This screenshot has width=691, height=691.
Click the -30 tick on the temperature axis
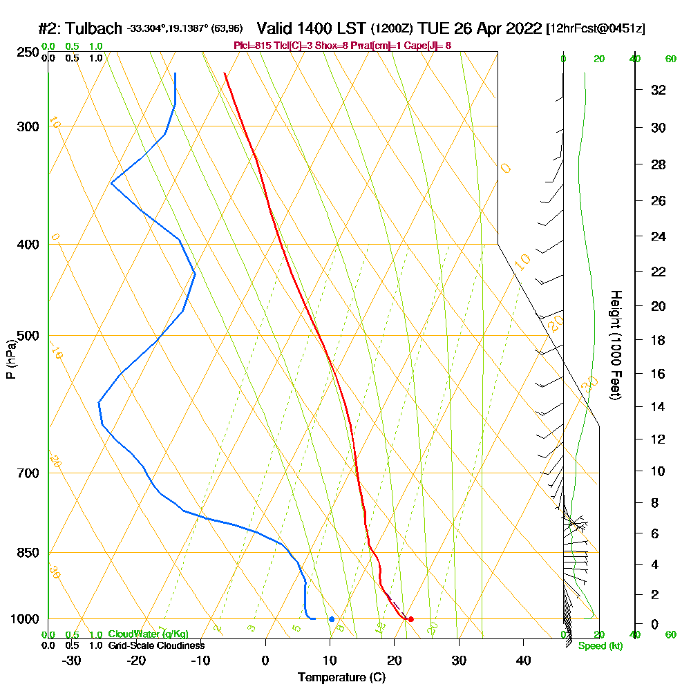click(x=72, y=660)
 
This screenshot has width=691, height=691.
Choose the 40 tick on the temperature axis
click(x=523, y=660)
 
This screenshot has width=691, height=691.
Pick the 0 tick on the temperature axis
click(x=265, y=660)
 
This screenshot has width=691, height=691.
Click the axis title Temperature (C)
click(x=341, y=678)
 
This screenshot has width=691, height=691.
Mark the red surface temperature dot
click(x=410, y=619)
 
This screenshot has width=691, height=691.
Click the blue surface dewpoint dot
click(x=332, y=619)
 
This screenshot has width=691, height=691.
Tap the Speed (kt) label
click(x=600, y=646)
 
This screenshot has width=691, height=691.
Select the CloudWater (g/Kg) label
click(x=148, y=634)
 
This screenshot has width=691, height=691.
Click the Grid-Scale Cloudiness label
click(x=156, y=645)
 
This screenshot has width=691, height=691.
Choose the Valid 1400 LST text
click(x=311, y=28)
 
